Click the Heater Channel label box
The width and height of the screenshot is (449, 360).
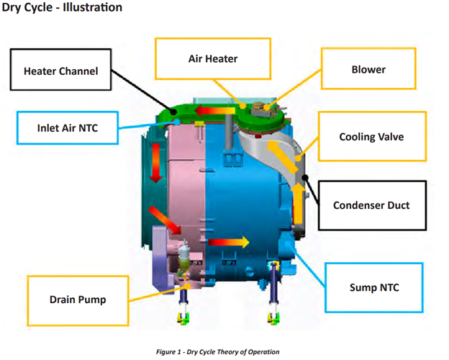click(60, 70)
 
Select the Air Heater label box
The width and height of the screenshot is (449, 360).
click(213, 58)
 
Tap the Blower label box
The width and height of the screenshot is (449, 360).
click(368, 69)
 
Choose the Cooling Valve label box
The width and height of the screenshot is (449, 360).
click(372, 136)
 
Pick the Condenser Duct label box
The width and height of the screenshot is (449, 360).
click(372, 205)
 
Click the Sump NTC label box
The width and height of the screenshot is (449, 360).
click(374, 287)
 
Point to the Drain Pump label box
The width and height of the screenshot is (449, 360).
click(78, 300)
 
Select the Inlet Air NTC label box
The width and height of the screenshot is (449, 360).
click(68, 128)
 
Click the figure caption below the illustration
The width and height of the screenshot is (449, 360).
click(217, 351)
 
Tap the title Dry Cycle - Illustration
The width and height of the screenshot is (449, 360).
click(62, 7)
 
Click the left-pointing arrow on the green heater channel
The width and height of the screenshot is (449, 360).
click(214, 111)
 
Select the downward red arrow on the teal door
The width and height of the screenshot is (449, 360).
click(155, 163)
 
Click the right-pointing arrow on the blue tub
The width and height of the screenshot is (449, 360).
click(229, 242)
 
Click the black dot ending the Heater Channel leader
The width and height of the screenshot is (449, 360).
click(173, 112)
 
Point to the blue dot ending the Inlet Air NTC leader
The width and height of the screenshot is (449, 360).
click(178, 122)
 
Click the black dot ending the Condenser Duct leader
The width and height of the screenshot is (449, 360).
click(305, 178)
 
